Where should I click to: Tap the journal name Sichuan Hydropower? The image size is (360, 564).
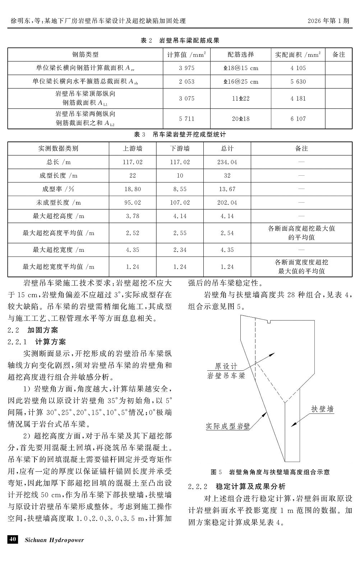[54, 540]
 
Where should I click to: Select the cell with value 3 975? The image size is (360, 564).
[187, 68]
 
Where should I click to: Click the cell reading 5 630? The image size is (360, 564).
[298, 82]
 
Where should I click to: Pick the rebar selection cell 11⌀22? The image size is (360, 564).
[241, 98]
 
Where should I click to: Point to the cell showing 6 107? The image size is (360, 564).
[298, 119]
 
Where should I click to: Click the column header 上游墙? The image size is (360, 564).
[133, 148]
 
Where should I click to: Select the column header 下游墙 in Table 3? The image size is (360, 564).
[180, 148]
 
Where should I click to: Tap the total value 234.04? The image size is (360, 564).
[227, 162]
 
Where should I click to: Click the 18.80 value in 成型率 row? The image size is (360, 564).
[133, 189]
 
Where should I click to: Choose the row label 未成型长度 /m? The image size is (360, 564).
[59, 203]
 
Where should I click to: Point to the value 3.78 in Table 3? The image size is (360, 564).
[133, 216]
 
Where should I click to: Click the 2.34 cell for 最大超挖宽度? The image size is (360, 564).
[180, 250]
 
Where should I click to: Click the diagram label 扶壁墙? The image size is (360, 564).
[322, 409]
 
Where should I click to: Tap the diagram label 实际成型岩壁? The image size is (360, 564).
[228, 426]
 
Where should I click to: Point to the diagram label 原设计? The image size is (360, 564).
[226, 366]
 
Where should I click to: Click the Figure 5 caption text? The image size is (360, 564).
[270, 472]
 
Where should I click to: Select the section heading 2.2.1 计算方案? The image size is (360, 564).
[37, 342]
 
